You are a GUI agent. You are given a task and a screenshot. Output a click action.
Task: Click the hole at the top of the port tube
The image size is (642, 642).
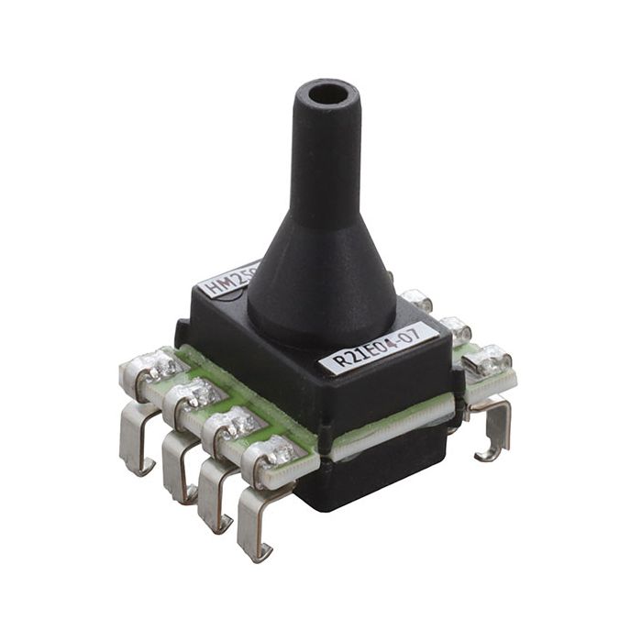328,93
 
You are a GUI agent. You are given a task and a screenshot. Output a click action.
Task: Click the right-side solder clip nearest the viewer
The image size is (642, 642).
486,363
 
